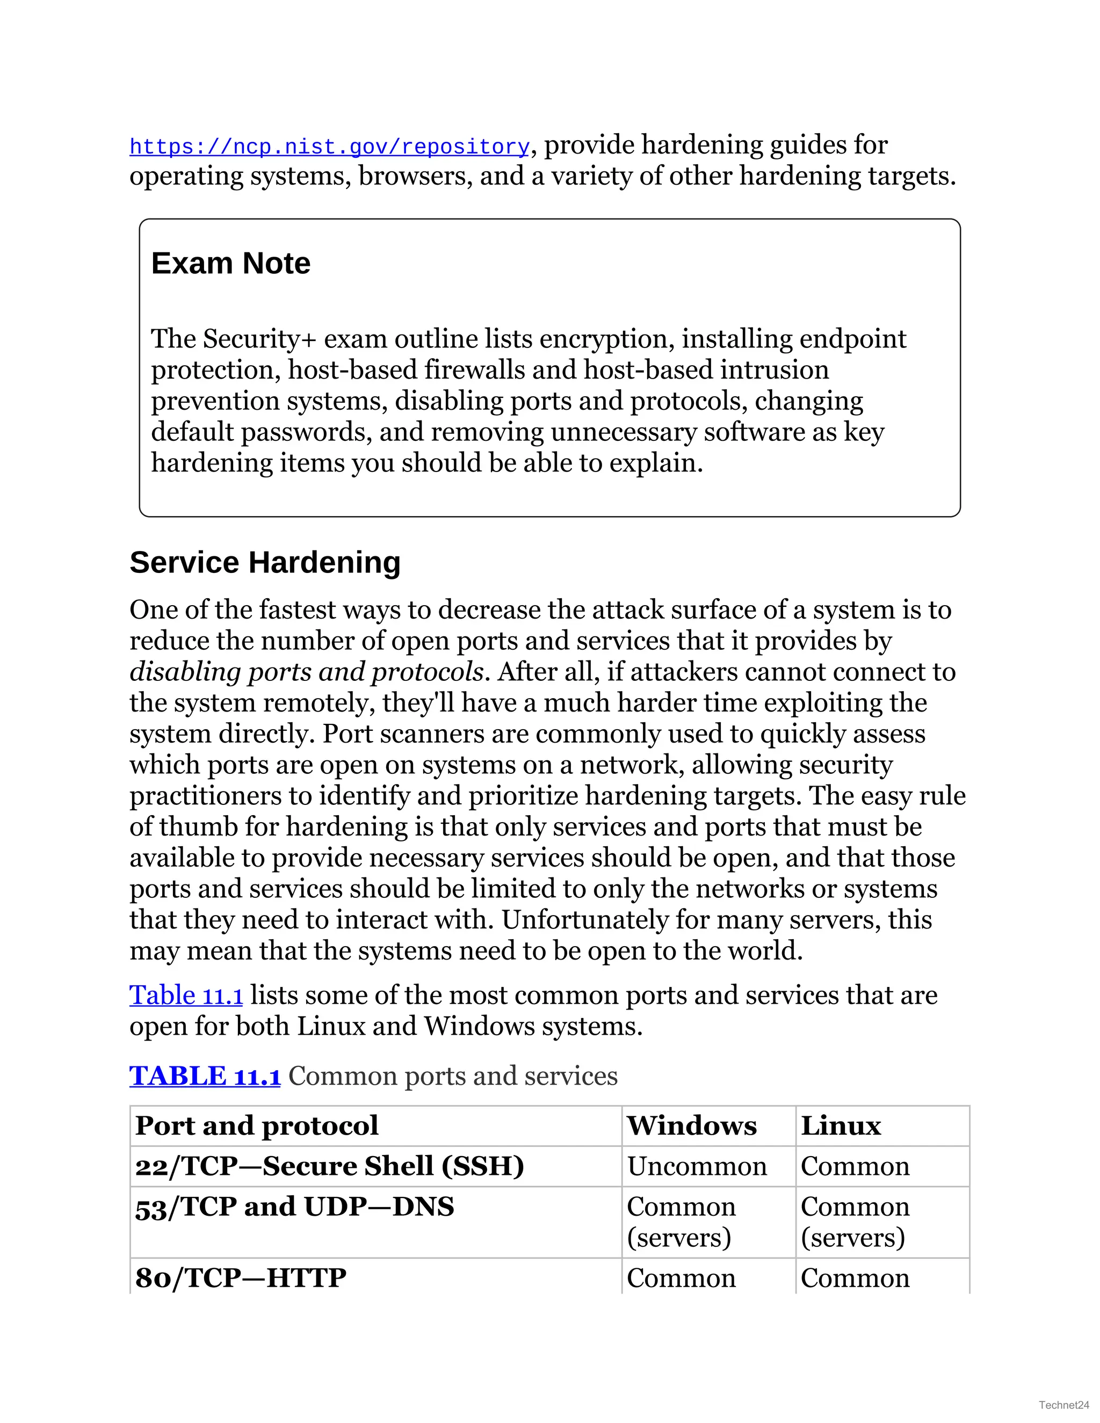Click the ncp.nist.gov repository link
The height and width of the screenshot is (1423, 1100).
329,147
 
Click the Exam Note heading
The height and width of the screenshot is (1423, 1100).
230,263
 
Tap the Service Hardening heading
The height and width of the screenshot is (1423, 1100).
265,562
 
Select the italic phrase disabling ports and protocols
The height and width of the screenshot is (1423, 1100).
306,672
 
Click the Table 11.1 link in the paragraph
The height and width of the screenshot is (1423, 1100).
186,996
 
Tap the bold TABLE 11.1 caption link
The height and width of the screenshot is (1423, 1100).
205,1076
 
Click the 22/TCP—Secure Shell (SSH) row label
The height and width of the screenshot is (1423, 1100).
329,1166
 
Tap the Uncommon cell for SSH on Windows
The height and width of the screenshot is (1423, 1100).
697,1166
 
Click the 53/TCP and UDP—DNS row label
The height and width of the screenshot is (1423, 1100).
294,1207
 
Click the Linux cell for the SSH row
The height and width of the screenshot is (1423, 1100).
855,1166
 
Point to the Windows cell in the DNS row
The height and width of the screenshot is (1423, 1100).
681,1222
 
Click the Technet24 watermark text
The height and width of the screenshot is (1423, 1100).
1063,1405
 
